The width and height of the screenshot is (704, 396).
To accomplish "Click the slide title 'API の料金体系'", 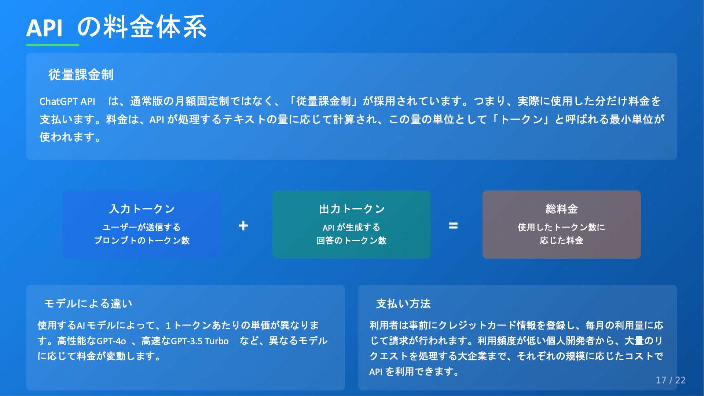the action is [117, 27].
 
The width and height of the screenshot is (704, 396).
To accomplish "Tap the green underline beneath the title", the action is [53, 45].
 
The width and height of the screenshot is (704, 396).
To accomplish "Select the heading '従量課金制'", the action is [81, 75].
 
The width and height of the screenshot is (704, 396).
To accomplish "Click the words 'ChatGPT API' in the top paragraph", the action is [67, 101].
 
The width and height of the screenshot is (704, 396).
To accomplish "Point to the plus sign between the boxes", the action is [243, 225].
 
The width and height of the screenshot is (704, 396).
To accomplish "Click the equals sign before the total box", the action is [453, 226].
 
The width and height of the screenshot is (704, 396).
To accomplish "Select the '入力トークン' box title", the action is [142, 209].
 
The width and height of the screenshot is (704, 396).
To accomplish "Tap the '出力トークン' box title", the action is [352, 209].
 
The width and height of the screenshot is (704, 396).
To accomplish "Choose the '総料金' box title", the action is [561, 209].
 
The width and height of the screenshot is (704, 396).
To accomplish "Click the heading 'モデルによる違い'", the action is [88, 304].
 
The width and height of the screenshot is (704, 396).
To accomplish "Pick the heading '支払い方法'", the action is [403, 304].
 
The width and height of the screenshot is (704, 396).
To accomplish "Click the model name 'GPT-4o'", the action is [111, 341].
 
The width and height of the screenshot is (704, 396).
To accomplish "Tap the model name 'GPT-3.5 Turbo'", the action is [200, 341].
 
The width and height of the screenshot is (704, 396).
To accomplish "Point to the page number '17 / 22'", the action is [671, 380].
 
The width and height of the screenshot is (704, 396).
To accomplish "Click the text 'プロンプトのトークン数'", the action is [142, 240].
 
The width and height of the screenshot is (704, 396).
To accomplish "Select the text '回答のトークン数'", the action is [352, 240].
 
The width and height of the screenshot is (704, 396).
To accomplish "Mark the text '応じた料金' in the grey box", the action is [561, 240].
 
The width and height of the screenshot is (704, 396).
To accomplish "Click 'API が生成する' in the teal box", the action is [351, 228].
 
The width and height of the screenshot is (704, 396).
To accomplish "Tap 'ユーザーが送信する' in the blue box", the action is [142, 227].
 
